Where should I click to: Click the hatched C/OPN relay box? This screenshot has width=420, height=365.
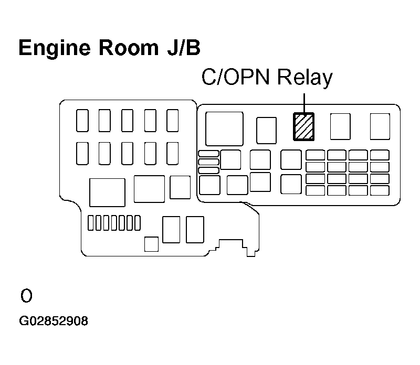tap(304, 126)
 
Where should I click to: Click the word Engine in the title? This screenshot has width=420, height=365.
tap(55, 48)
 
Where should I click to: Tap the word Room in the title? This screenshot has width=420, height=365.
tap(129, 48)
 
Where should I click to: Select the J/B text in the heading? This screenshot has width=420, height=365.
tap(184, 48)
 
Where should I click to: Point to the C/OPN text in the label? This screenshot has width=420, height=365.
tap(235, 77)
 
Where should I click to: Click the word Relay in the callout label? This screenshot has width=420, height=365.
tap(305, 78)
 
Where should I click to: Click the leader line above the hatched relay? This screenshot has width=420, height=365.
tap(304, 103)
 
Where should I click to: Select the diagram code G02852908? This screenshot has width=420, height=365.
tap(54, 321)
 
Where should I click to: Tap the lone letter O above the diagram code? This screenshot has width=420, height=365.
tap(26, 296)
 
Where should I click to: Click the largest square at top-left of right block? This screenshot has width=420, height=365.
tap(225, 129)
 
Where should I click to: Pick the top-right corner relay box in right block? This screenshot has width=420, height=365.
tap(380, 126)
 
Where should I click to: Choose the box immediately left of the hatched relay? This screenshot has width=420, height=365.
tap(266, 130)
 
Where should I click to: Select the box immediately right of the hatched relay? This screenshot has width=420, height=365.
tap(340, 126)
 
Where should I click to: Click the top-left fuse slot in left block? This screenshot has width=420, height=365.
tap(82, 121)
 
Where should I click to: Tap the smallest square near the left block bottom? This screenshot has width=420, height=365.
tap(151, 244)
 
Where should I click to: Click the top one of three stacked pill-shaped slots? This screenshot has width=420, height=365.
tap(208, 154)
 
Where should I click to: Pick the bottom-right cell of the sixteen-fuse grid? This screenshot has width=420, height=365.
tap(380, 190)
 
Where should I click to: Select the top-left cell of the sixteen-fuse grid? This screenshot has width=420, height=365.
tap(316, 155)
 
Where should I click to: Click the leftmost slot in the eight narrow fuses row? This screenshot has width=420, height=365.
tap(90, 223)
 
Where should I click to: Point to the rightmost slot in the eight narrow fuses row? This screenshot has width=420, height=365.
tap(138, 223)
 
